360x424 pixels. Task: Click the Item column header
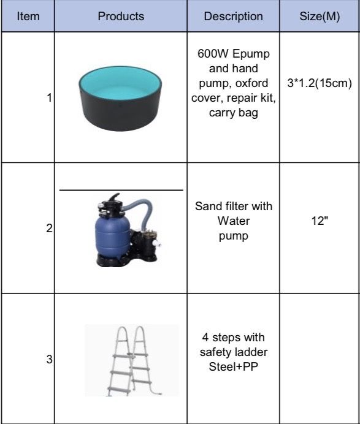(x=28, y=16)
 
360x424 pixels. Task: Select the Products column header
(x=121, y=16)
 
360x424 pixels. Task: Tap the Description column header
(x=233, y=16)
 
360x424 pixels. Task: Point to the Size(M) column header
(x=320, y=16)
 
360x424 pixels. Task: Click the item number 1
(x=49, y=97)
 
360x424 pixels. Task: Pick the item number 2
(x=49, y=229)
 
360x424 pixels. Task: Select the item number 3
(x=49, y=360)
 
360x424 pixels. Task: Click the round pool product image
(x=120, y=99)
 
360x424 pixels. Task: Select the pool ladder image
(x=132, y=360)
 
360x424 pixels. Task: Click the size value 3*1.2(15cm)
(x=320, y=83)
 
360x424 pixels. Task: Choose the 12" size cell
(x=320, y=221)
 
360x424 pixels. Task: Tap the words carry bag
(x=233, y=113)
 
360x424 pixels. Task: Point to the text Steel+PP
(x=233, y=366)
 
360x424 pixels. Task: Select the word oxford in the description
(x=251, y=83)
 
